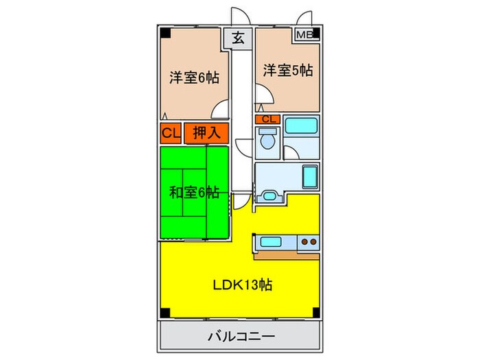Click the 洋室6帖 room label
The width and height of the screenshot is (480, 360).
point(194,77)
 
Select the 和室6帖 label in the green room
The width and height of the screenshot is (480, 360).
point(194,192)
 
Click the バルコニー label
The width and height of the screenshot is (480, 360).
point(241,337)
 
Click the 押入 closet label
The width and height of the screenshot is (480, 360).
point(205,132)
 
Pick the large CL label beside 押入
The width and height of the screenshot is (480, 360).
point(171,132)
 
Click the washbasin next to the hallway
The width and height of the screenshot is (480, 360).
point(268,196)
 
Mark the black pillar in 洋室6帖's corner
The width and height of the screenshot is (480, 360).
point(166,33)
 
